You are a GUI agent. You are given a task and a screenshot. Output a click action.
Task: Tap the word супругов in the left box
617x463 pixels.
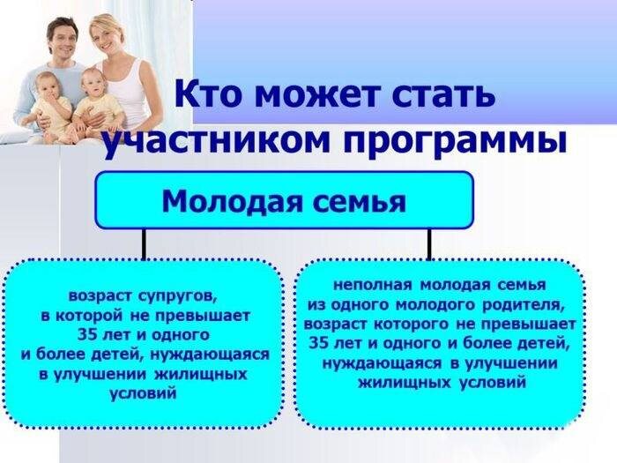[177, 297]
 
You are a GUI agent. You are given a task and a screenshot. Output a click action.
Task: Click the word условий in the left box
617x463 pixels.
[143, 393]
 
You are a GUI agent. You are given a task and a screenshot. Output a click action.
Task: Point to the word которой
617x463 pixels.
[91, 316]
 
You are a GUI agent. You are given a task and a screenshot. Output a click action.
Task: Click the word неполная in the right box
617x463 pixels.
[372, 285]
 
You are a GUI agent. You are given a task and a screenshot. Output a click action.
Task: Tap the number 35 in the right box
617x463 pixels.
[318, 343]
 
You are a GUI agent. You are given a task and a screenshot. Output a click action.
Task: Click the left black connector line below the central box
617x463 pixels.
[144, 244]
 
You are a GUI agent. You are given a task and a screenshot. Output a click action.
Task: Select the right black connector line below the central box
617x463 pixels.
[429, 244]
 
